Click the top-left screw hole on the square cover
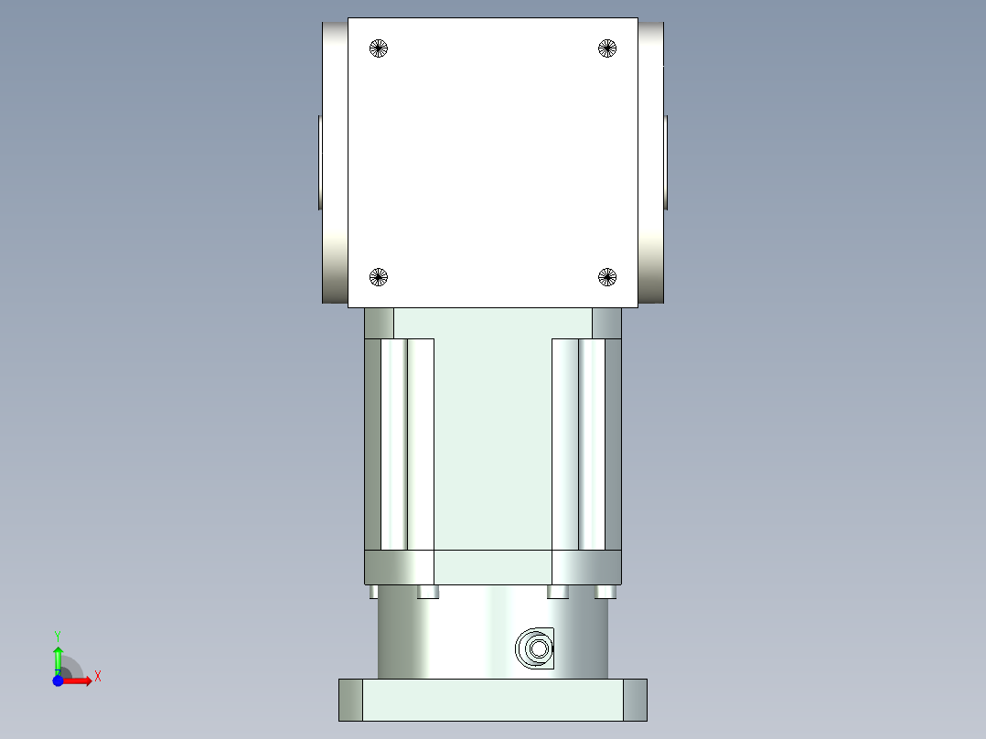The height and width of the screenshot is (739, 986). (379, 48)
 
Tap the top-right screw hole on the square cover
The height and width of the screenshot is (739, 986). (607, 48)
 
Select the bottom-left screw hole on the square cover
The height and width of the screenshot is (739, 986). (379, 276)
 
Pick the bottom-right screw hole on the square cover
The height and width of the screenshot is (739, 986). (607, 276)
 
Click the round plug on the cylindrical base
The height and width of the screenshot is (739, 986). (537, 649)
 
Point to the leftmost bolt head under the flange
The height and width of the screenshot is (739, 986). (373, 592)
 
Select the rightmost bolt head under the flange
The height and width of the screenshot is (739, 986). (605, 592)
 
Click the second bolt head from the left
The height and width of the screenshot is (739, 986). (427, 592)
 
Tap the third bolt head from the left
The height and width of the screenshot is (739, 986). (558, 592)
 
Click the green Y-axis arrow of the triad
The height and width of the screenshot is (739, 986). (58, 657)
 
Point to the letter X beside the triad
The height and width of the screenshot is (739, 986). (97, 677)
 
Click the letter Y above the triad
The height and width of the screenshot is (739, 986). (58, 635)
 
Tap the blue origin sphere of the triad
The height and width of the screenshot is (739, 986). (58, 680)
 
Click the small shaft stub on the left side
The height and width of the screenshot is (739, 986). (320, 162)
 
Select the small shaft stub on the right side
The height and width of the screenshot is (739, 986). (666, 162)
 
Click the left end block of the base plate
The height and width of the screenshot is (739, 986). (350, 700)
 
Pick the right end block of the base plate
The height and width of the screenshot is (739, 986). (635, 700)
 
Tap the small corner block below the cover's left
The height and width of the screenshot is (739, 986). (379, 323)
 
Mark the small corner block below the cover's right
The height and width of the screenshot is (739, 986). (606, 323)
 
